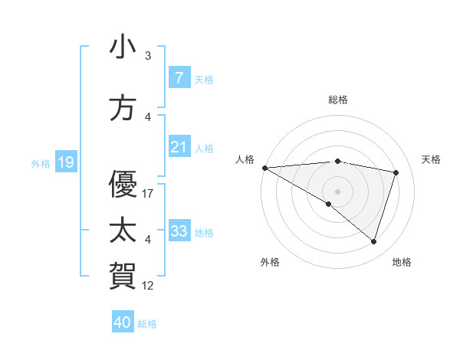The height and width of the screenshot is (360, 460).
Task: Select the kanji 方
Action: click(x=123, y=109)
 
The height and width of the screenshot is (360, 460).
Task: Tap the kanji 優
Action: click(x=123, y=184)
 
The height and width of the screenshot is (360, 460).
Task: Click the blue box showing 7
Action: click(x=179, y=78)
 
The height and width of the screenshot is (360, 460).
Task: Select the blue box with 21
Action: click(x=179, y=147)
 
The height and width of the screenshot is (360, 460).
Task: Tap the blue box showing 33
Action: click(x=179, y=231)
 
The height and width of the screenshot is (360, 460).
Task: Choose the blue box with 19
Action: click(x=65, y=162)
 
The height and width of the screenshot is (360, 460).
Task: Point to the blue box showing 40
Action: click(x=122, y=322)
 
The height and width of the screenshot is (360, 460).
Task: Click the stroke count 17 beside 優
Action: click(x=148, y=194)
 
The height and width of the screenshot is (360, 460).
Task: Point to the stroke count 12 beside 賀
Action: click(x=148, y=286)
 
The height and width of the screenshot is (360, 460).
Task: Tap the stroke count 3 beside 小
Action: click(x=148, y=56)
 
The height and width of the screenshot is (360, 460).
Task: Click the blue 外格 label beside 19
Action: click(x=41, y=163)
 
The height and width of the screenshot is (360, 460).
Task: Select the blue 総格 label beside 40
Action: click(x=147, y=323)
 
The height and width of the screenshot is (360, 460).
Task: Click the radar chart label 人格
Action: click(x=245, y=159)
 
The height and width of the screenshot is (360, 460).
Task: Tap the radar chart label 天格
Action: click(x=432, y=159)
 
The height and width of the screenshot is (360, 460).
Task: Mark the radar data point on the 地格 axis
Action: click(x=373, y=241)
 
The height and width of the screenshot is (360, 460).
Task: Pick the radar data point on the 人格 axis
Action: click(x=264, y=167)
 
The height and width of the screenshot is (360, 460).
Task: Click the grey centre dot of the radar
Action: click(x=337, y=190)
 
